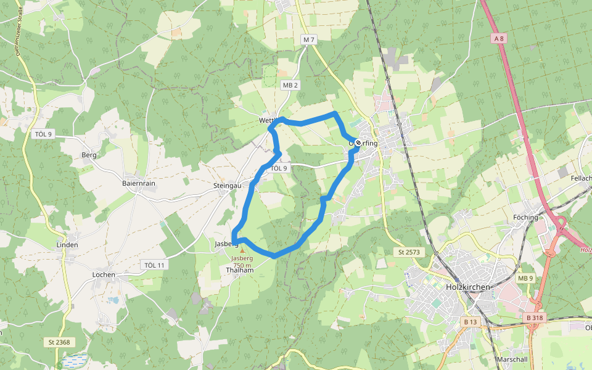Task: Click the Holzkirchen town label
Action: click(x=467, y=287)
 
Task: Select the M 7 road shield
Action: click(x=309, y=39)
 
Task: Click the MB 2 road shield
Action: click(x=290, y=85)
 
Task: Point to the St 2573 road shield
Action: click(x=408, y=252)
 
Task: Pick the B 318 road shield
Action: click(x=535, y=318)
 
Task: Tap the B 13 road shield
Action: click(x=470, y=322)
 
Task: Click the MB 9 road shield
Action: click(x=525, y=279)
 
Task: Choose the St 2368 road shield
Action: click(x=59, y=342)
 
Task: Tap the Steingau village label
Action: click(x=226, y=185)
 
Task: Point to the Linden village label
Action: click(x=67, y=245)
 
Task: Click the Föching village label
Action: click(x=525, y=217)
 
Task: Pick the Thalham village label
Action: click(x=240, y=270)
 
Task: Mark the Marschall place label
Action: click(x=512, y=359)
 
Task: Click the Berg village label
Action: click(x=89, y=155)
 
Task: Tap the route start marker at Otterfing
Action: click(x=358, y=142)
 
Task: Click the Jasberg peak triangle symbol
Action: click(x=242, y=250)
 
